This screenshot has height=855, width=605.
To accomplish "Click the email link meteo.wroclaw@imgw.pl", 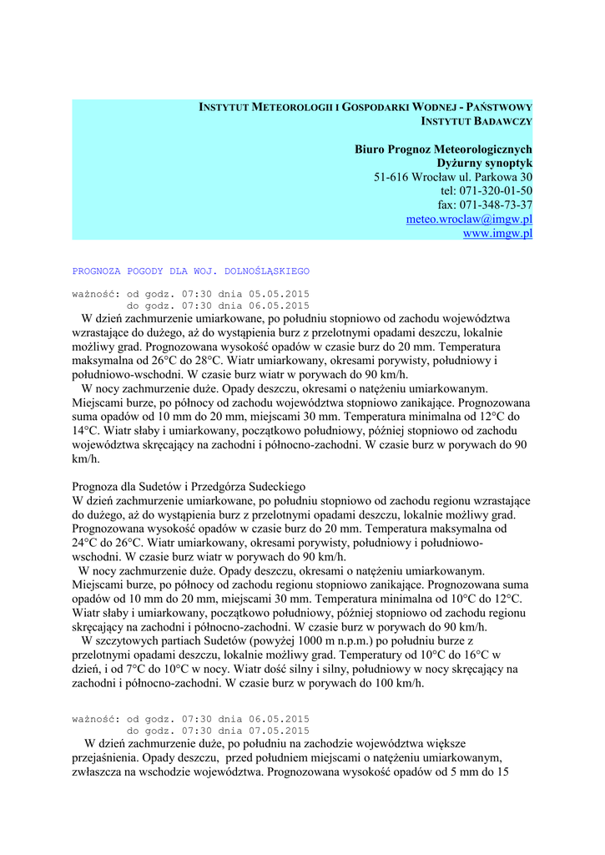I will point(469,220).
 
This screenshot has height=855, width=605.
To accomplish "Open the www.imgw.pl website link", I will point(497,234).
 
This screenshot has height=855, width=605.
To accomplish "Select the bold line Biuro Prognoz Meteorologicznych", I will point(443,149).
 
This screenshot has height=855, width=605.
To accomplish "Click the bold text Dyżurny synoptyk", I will point(485,163).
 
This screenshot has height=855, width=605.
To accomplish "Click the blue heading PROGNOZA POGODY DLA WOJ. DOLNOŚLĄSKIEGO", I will point(191,271).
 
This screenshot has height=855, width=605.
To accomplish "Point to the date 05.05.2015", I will point(276,294).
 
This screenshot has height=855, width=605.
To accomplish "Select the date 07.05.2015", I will point(276,731).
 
